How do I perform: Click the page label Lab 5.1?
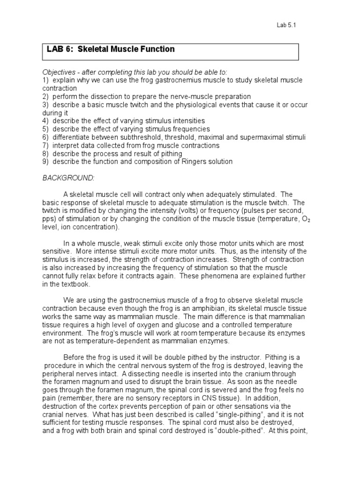286,25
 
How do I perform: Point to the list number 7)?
45,145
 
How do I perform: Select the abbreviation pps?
48,219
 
